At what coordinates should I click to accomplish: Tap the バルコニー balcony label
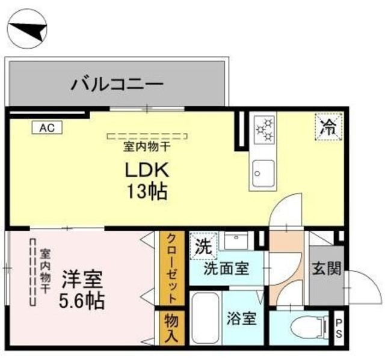pyautogui.click(x=117, y=84)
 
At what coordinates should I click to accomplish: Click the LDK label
pyautogui.click(x=147, y=170)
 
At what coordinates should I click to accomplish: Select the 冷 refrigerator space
pyautogui.click(x=328, y=127)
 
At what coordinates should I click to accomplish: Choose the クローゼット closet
pyautogui.click(x=171, y=268)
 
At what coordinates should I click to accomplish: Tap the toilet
pyautogui.click(x=301, y=328)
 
